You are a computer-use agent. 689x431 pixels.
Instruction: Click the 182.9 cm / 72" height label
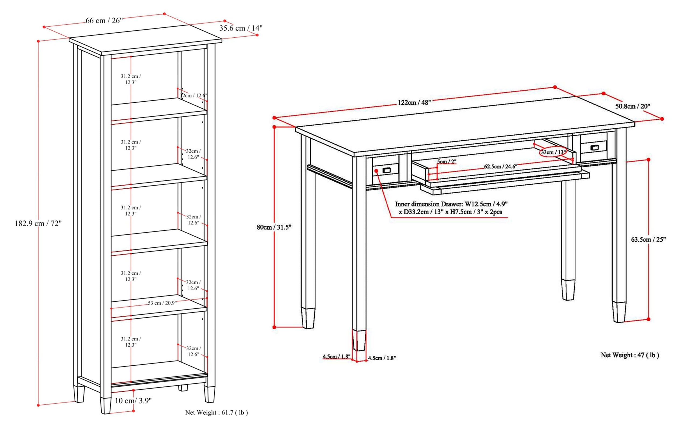pos(38,223)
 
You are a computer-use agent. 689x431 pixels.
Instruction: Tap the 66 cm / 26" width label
pos(104,20)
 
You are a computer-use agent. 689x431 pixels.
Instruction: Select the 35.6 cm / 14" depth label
pos(241,28)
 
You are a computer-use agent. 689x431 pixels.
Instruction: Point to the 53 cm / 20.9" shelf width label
pos(162,303)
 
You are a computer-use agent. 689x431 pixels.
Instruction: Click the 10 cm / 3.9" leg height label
pos(133,401)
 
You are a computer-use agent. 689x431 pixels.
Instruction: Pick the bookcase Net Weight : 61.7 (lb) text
pos(216,412)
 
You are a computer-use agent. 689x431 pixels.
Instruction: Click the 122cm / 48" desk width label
pos(414,103)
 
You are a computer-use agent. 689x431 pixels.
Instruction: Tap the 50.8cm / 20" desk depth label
pos(632,106)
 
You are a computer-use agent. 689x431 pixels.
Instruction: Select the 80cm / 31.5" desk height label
pos(274,227)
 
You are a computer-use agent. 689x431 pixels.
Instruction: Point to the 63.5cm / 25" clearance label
pos(648,240)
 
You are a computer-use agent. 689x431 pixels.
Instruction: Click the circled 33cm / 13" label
pos(553,152)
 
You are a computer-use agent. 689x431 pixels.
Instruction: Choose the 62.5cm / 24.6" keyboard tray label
pos(500,166)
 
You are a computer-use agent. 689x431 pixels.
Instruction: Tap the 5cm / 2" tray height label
pos(447,162)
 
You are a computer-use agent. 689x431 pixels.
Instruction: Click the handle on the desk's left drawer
pos(386,170)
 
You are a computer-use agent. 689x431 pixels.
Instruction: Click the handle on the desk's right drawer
pos(595,147)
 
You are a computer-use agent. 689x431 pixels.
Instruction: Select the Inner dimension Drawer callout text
pos(451,208)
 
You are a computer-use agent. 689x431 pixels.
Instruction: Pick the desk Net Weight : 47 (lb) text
pos(630,355)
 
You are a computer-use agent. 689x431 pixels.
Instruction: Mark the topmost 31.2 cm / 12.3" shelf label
pos(131,79)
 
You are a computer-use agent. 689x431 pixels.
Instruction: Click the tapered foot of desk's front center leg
pos(359,340)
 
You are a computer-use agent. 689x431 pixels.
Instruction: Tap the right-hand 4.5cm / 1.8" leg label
pos(382,358)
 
